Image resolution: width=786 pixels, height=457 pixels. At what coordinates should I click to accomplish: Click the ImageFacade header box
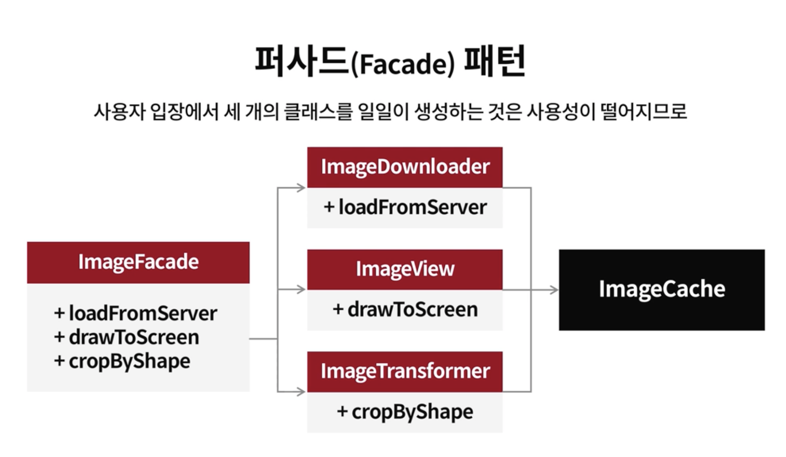[138, 262]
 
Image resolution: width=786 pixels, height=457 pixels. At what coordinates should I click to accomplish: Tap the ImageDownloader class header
[404, 167]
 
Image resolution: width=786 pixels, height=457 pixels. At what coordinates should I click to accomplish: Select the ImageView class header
[404, 269]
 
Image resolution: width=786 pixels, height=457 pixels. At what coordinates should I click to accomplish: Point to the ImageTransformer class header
[404, 372]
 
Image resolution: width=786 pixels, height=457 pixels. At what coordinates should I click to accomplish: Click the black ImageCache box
[661, 289]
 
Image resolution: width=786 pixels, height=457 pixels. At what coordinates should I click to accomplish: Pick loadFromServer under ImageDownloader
[405, 207]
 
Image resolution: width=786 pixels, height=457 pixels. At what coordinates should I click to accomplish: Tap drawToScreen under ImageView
[405, 309]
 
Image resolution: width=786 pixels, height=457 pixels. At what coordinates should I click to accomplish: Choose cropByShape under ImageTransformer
[405, 412]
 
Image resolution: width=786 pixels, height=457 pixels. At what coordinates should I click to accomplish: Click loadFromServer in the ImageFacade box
[136, 314]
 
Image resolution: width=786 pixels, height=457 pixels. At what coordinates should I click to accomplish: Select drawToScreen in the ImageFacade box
[127, 337]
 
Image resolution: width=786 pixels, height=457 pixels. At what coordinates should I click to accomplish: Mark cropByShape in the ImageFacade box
[122, 361]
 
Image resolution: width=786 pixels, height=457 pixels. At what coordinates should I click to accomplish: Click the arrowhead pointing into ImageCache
[554, 290]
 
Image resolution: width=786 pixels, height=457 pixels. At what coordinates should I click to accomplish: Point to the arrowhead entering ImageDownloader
[301, 188]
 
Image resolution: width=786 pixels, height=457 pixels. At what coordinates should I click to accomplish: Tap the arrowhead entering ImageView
[301, 290]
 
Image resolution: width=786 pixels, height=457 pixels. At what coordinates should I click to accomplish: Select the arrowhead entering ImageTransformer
[301, 392]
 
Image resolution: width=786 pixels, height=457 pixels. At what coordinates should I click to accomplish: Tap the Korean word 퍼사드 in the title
[301, 61]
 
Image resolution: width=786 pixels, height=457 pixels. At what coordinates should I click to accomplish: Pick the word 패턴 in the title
[495, 61]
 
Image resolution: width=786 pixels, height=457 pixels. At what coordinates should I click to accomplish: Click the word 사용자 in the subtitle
[119, 112]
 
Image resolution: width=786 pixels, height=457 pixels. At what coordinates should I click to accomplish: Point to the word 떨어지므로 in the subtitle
[644, 112]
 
